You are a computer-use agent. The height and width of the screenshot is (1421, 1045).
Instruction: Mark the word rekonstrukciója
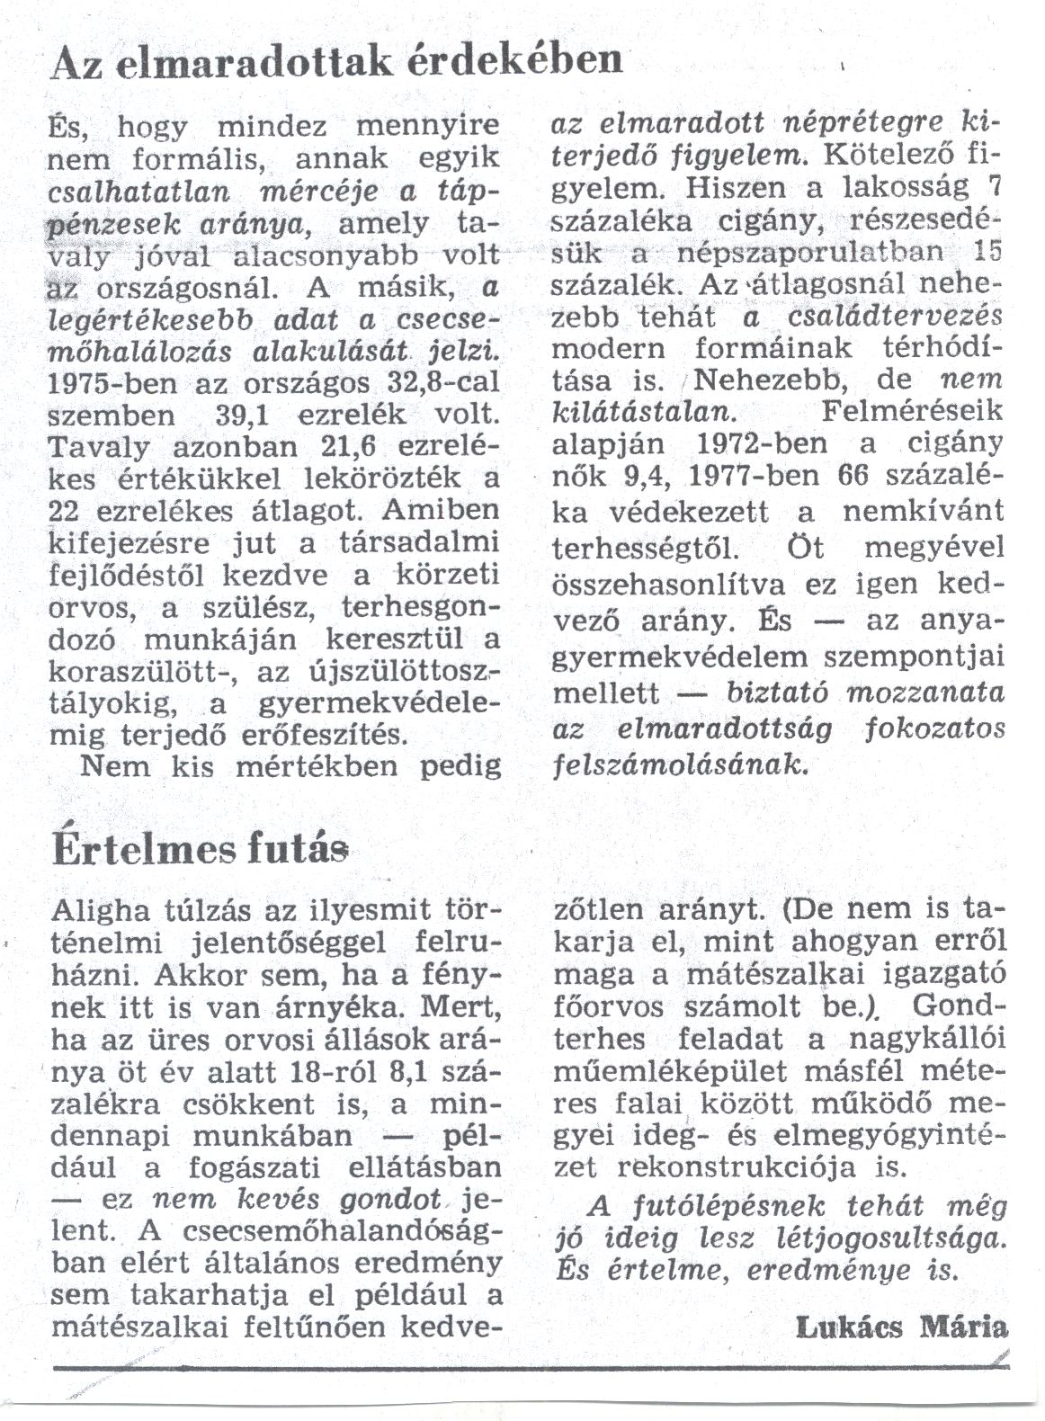(739, 1167)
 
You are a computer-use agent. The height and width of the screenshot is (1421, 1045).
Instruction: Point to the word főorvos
(601, 1007)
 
